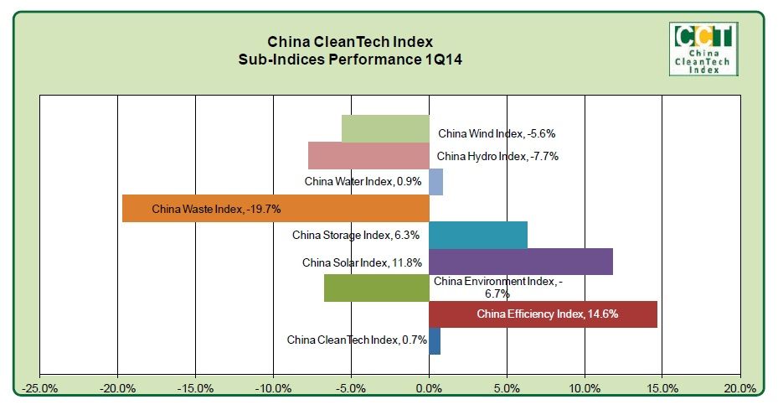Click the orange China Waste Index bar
coord(276,209)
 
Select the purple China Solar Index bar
coord(520,262)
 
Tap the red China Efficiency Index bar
coord(543,314)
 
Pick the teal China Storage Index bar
coord(477,236)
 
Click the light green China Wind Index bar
coord(385,129)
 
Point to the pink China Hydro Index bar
coord(368,156)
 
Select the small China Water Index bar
coord(435,182)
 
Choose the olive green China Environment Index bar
coord(376,288)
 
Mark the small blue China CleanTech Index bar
coord(434,340)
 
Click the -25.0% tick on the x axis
coord(40,388)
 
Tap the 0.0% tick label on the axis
coord(429,388)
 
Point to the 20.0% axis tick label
coord(739,388)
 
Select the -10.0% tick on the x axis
coord(273,388)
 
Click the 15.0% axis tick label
coord(662,388)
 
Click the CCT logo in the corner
coord(703,49)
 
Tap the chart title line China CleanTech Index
coord(350,41)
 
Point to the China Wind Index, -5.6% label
coord(497,133)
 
